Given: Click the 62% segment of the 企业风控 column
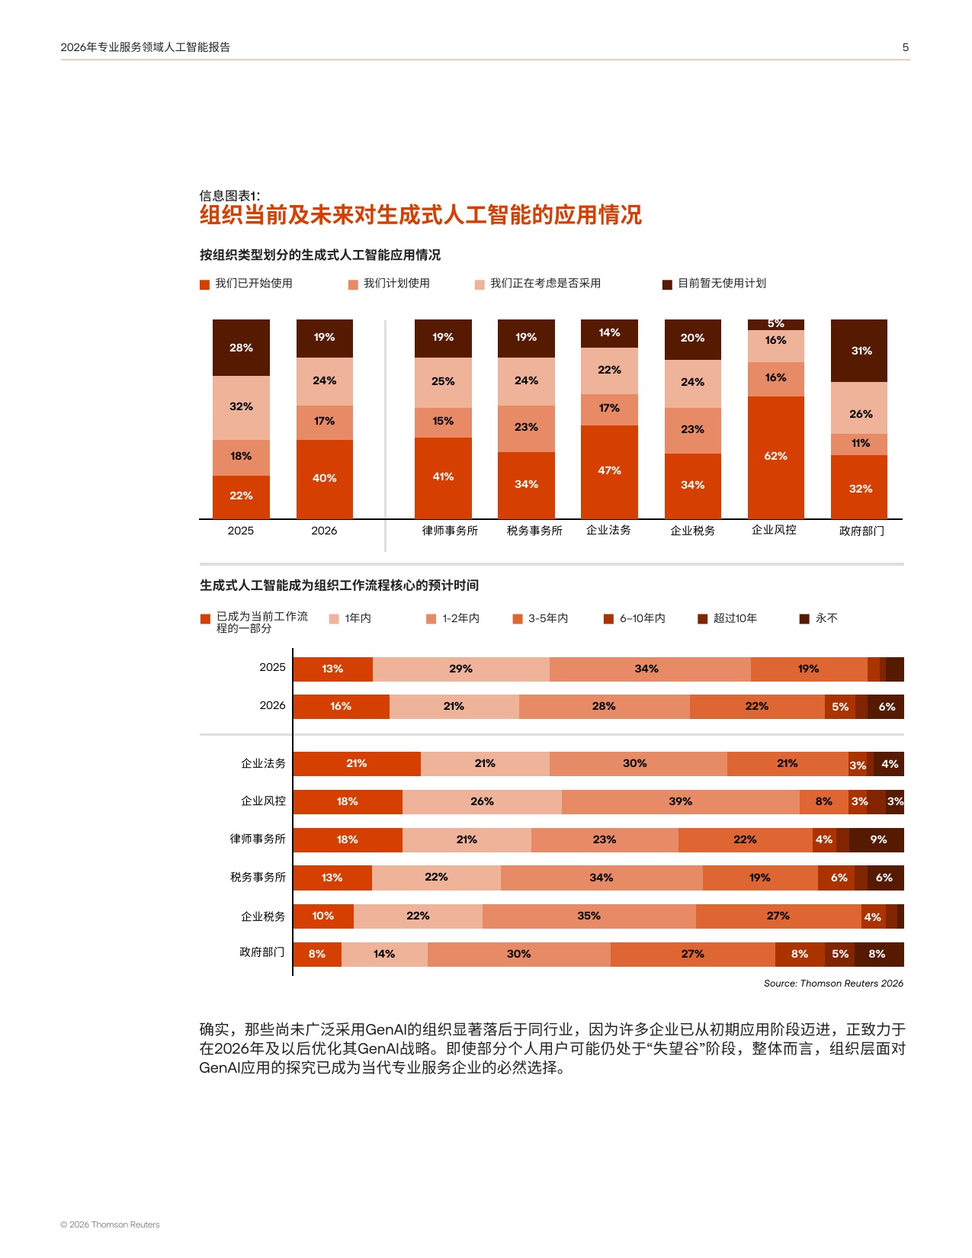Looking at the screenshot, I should point(775,457).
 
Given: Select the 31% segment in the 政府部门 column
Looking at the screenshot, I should point(859,351).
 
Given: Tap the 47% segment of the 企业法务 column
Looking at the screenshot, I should point(609,471).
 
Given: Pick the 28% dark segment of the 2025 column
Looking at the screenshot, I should point(241,348).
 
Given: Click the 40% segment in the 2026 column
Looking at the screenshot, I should point(324,479).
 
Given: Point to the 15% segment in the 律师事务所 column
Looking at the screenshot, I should point(443,422).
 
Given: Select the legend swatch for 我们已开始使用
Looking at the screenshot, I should point(204,284).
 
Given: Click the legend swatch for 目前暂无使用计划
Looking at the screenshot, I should point(667,284).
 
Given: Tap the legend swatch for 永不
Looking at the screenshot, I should point(804,618).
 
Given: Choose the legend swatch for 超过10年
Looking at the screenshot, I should point(703,618).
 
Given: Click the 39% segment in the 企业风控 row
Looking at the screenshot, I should point(680,802).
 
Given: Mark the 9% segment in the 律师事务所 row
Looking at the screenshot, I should point(877,840).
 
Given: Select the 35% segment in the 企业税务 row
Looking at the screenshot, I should point(589,916).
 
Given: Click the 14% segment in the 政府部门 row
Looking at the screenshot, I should point(384,955).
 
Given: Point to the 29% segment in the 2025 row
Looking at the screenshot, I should point(460,669).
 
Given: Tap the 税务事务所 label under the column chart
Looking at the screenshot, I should point(534,531).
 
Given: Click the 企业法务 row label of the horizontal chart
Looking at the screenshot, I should point(263,763).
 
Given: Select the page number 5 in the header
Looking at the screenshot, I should point(906,47).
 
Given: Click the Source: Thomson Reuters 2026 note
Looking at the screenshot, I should point(833,984).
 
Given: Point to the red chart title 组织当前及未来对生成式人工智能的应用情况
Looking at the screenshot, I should point(420,215).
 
